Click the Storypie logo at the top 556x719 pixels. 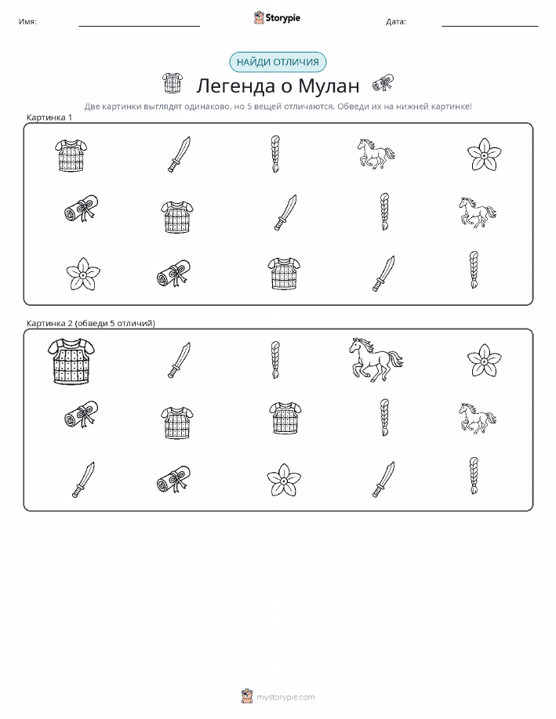[x=277, y=18]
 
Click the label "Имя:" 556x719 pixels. [x=27, y=21]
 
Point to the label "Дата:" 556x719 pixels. [x=395, y=21]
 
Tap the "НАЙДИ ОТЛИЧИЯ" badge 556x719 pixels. [x=278, y=63]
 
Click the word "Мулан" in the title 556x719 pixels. [x=329, y=85]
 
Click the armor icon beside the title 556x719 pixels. [x=172, y=83]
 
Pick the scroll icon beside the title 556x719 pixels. [x=383, y=82]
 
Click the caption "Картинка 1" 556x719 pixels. [x=49, y=118]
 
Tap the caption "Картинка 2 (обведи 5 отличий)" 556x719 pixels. [x=91, y=323]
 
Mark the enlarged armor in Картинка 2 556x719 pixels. [x=71, y=361]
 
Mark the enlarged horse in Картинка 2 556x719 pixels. [x=376, y=359]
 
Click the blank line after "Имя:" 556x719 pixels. [x=139, y=26]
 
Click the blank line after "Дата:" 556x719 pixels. [x=489, y=26]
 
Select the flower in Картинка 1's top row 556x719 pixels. [x=484, y=154]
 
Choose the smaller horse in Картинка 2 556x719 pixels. [x=478, y=418]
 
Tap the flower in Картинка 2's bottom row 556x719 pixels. [x=284, y=480]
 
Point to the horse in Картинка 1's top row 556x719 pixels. [x=376, y=154]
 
